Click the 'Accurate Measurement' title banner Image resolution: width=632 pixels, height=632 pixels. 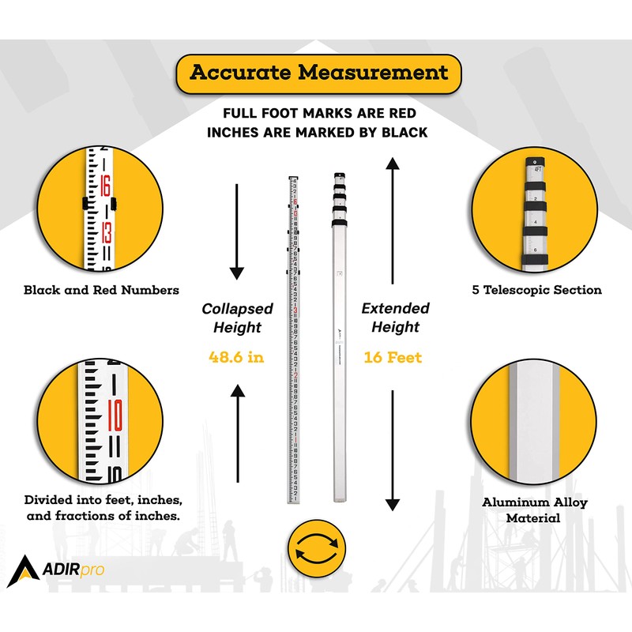318,73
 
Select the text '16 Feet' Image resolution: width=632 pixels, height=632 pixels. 393,358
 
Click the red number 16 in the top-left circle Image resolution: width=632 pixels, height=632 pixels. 105,186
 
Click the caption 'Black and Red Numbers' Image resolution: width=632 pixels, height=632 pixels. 101,290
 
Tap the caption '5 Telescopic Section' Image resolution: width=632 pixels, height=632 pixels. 537,290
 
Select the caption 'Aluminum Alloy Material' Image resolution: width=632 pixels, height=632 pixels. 535,510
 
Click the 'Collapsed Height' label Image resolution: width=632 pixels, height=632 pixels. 236,318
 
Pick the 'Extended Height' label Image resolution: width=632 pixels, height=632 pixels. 395,318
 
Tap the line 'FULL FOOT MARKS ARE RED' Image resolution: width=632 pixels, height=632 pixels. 318,114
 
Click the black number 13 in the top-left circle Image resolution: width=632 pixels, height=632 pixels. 105,235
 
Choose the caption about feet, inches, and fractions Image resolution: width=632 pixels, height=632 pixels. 103,510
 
